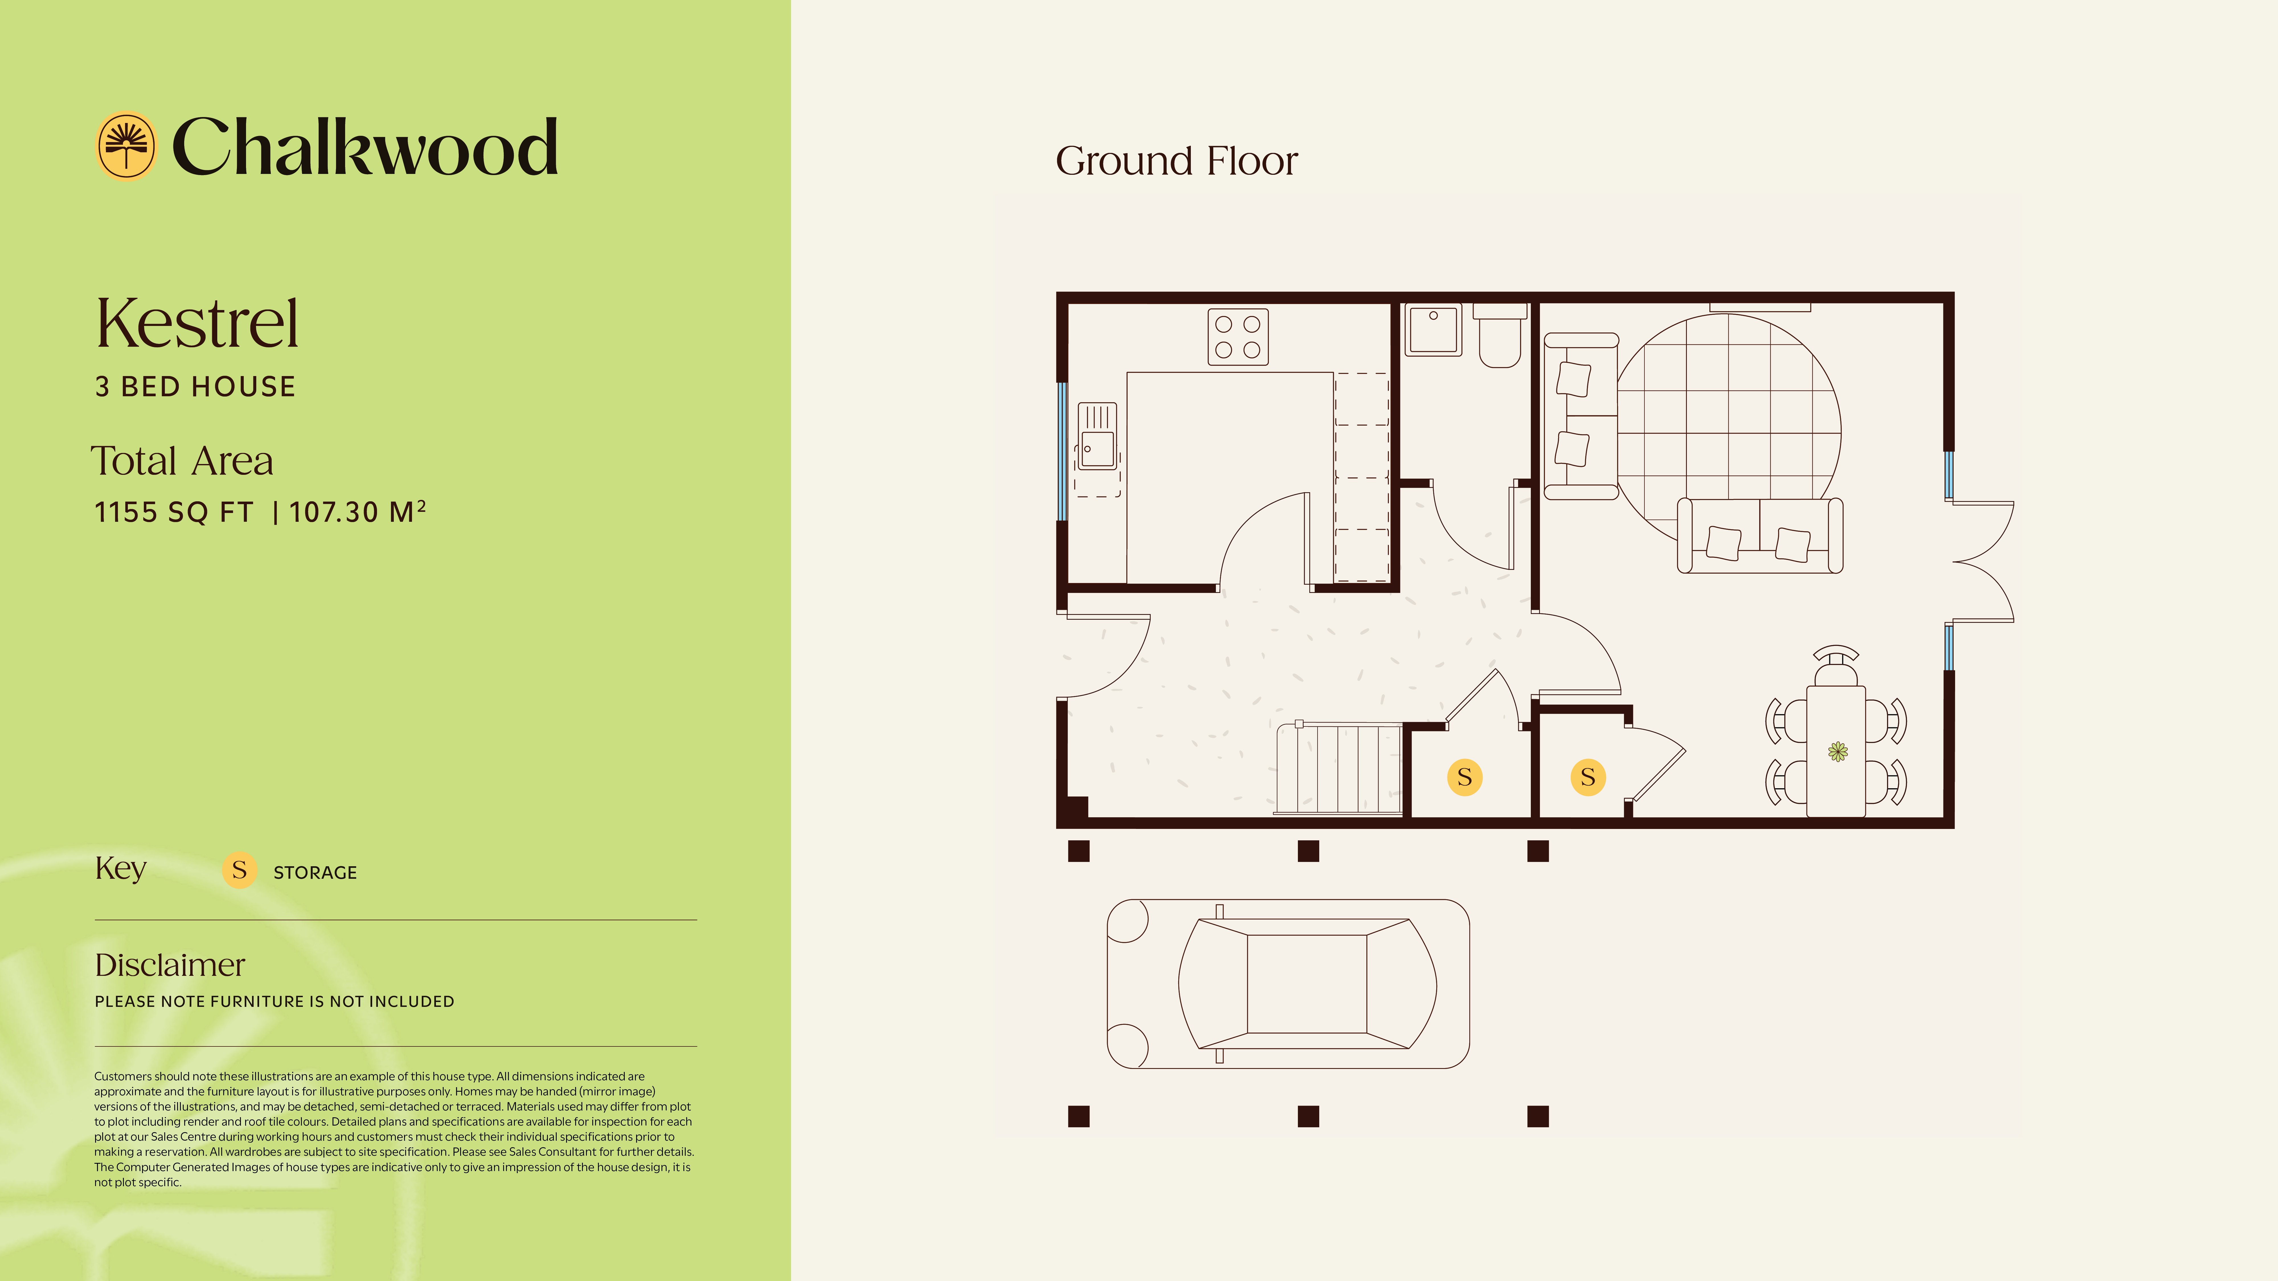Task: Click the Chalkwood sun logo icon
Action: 126,146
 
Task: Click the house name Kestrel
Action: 197,324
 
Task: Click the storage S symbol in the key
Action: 239,870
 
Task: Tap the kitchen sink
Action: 1097,438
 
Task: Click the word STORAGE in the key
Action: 315,873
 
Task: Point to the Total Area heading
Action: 182,461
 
